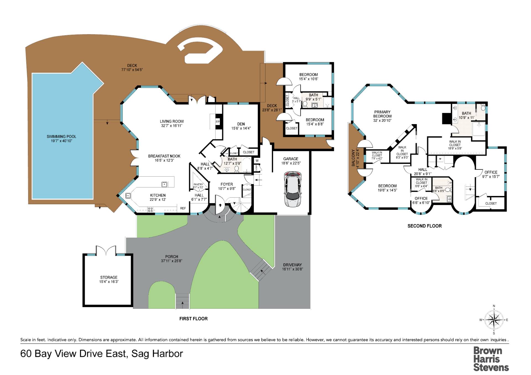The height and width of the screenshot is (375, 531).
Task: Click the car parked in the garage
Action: point(293,189)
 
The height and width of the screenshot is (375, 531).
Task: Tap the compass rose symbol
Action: point(494,320)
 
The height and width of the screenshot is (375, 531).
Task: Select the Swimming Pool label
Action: point(61,137)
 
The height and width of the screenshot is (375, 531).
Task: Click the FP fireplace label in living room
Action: point(218,122)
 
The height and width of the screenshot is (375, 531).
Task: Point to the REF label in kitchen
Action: point(183,208)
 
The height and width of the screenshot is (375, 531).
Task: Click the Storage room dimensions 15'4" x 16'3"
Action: point(109,282)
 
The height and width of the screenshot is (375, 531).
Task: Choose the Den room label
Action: point(241,124)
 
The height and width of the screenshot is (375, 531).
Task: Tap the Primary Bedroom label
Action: point(382,114)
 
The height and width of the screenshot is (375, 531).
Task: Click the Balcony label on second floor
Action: point(353,158)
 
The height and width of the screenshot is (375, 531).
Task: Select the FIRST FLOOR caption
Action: point(193,319)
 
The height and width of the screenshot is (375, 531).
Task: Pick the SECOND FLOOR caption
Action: point(425,226)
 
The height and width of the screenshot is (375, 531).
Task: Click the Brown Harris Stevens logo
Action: point(491,359)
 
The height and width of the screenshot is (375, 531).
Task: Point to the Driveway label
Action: point(292,265)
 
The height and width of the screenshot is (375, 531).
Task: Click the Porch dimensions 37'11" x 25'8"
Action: point(171,261)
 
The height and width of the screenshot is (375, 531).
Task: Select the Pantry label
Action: point(198,184)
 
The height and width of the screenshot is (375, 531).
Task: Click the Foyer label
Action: point(227,184)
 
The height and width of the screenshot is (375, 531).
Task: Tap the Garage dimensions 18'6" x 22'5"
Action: point(291,163)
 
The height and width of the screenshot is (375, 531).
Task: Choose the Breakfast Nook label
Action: point(164,156)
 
